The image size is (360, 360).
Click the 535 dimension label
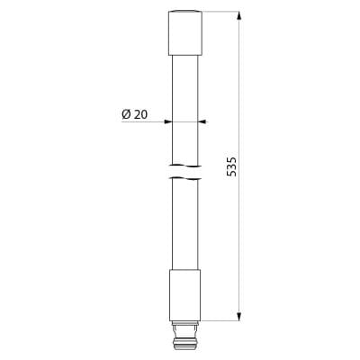pyautogui.click(x=231, y=166)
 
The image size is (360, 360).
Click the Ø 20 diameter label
pyautogui.click(x=135, y=114)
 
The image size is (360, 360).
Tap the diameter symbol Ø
pyautogui.click(x=126, y=114)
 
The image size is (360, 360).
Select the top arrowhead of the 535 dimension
pyautogui.click(x=238, y=16)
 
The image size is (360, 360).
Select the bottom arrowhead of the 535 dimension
pyautogui.click(x=238, y=317)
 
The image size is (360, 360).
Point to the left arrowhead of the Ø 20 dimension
pyautogui.click(x=167, y=121)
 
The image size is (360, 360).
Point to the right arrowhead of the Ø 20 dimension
pyautogui.click(x=202, y=121)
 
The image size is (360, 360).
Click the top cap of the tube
pyautogui.click(x=185, y=33)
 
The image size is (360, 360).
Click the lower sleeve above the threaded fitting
pyautogui.click(x=185, y=295)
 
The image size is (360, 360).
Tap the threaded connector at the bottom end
pyautogui.click(x=185, y=336)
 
